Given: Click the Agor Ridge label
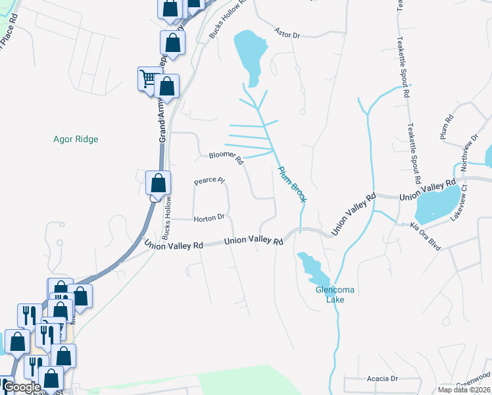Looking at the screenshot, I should tap(76, 139).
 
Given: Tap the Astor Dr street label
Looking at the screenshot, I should tap(287, 32).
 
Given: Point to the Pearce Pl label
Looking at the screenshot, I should tap(210, 180).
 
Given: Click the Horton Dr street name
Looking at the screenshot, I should tap(209, 218).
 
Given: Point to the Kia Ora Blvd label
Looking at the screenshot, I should tap(425, 235).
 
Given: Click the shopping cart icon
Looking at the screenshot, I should tap(148, 79).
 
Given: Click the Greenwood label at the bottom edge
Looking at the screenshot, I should tap(476, 382).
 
